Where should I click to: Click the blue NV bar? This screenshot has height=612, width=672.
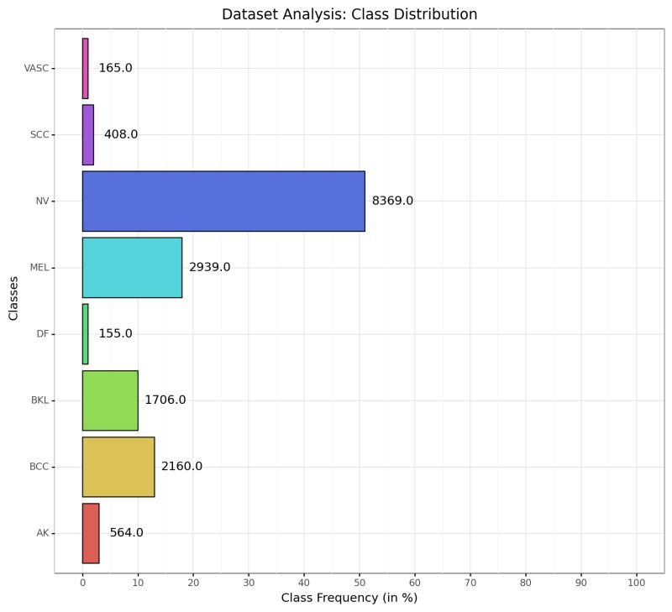tap(223, 201)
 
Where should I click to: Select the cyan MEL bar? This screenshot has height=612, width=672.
tap(132, 267)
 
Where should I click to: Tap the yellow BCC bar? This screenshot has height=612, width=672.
tap(118, 466)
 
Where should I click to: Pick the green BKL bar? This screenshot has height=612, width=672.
tap(110, 400)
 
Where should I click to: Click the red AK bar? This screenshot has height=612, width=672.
tap(91, 532)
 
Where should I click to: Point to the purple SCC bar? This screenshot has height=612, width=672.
tap(88, 134)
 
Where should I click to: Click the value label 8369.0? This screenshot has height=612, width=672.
tap(392, 201)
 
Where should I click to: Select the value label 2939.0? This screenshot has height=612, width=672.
tap(209, 267)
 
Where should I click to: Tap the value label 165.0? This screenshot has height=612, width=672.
tap(115, 68)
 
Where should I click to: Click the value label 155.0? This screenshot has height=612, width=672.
tap(115, 333)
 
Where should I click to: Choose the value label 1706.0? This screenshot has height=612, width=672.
tap(165, 400)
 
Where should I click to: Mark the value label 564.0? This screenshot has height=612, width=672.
tap(126, 532)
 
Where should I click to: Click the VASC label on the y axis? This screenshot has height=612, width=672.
tap(37, 68)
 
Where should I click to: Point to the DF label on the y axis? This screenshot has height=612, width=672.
tap(43, 333)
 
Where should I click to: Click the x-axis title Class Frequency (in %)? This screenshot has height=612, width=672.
tap(349, 599)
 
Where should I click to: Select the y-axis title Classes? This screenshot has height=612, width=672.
tap(13, 300)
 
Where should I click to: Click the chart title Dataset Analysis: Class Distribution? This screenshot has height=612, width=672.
tap(349, 14)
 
